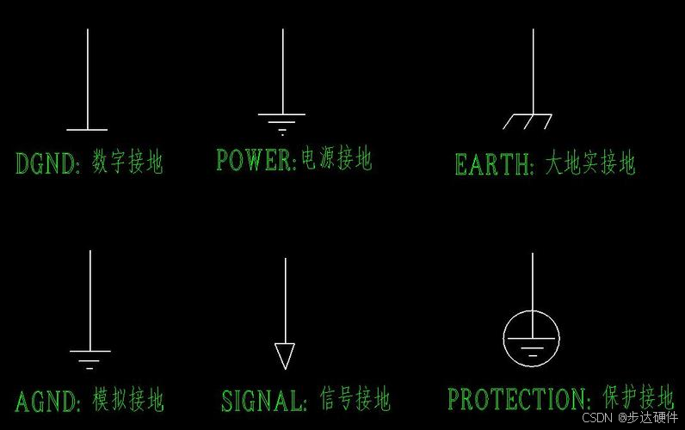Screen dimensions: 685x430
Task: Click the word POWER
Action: point(255,160)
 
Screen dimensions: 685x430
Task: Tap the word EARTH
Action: point(493,164)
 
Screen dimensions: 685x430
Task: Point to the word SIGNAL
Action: point(262,401)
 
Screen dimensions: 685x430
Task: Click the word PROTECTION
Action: point(517,399)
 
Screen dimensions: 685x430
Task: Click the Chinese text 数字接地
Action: point(127,162)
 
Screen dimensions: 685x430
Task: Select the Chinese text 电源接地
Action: point(336,159)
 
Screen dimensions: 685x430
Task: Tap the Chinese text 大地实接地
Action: point(590,163)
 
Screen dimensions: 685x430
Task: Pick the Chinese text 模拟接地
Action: point(128,400)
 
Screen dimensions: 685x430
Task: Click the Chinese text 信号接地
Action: point(355,399)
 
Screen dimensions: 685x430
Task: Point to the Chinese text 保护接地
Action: point(638,397)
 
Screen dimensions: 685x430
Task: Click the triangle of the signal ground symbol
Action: point(285,355)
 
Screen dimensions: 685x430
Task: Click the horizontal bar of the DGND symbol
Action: point(87,130)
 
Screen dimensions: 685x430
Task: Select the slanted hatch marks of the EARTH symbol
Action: point(527,122)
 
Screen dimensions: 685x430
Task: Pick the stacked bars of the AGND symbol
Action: point(89,359)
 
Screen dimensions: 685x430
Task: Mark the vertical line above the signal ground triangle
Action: point(285,301)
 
